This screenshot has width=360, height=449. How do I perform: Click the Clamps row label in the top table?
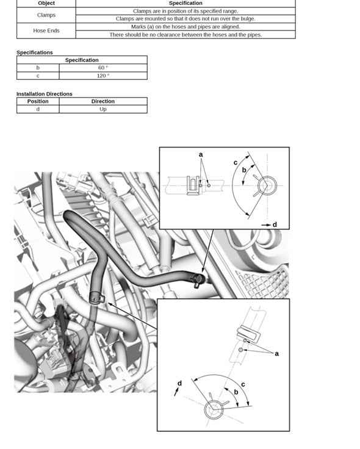(46, 15)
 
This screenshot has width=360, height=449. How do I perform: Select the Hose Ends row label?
(46, 31)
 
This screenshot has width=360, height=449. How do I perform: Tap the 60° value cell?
(103, 68)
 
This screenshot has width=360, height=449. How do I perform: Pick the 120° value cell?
(103, 76)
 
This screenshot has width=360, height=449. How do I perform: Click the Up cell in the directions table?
(103, 109)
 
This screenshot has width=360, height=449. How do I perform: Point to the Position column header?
(38, 101)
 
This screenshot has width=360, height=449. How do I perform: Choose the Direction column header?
(103, 101)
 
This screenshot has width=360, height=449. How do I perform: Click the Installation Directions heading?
(45, 94)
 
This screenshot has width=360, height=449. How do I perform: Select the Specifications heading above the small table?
(35, 52)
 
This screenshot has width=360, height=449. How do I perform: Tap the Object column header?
(46, 3)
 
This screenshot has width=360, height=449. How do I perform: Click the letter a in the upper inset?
(201, 154)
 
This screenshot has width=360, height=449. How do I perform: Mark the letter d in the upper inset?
(275, 224)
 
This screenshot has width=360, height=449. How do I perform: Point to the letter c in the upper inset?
(236, 163)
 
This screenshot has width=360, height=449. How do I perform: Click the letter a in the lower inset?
(276, 354)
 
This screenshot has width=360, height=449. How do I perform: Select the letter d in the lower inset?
(179, 383)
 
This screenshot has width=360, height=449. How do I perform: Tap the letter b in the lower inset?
(236, 392)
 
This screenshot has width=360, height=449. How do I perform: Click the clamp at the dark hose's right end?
(197, 280)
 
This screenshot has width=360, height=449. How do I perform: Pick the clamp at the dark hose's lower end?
(96, 297)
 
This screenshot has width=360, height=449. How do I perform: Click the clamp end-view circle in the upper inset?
(267, 185)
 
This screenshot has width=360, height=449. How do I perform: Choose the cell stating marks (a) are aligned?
(185, 27)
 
